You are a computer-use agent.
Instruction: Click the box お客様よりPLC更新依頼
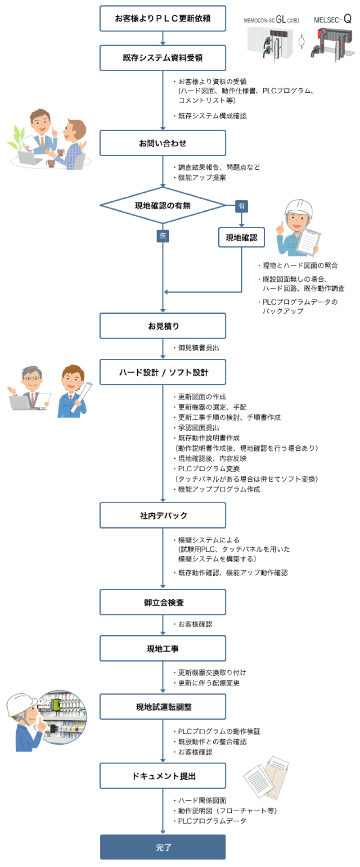(x=162, y=18)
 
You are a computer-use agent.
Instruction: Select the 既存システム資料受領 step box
(x=162, y=58)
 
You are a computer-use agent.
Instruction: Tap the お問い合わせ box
(x=162, y=143)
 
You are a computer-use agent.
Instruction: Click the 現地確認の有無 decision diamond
(x=162, y=206)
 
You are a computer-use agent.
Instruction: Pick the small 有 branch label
(x=242, y=206)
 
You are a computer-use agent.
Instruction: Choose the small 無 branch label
(x=163, y=235)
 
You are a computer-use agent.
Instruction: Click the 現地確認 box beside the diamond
(x=241, y=237)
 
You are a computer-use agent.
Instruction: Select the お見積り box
(x=162, y=325)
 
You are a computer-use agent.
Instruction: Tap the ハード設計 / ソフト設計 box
(x=162, y=372)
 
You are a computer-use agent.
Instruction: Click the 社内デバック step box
(x=162, y=515)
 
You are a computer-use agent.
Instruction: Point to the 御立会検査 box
(x=162, y=602)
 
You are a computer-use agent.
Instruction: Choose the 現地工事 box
(x=162, y=649)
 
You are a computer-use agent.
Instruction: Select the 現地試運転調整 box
(x=162, y=707)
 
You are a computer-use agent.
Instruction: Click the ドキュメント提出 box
(x=162, y=776)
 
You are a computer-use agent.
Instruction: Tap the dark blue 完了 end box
(x=162, y=847)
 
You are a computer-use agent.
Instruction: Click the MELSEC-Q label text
(x=333, y=20)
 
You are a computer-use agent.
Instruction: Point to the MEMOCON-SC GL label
(x=271, y=20)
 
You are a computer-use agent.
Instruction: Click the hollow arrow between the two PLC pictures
(x=301, y=42)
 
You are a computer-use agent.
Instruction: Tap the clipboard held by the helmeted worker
(x=309, y=241)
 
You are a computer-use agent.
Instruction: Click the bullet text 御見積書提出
(x=198, y=348)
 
